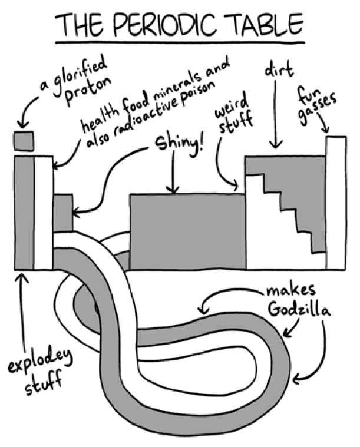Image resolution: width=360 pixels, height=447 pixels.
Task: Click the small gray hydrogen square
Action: click(24, 141)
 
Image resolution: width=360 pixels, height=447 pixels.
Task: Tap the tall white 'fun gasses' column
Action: click(336, 203)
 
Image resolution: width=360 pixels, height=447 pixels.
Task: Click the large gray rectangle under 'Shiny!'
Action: click(187, 231)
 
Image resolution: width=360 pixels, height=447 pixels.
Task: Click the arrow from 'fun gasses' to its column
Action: click(322, 124)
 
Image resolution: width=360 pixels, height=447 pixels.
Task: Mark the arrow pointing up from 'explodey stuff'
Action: click(23, 312)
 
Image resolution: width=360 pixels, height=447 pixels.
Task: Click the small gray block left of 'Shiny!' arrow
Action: click(63, 212)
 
